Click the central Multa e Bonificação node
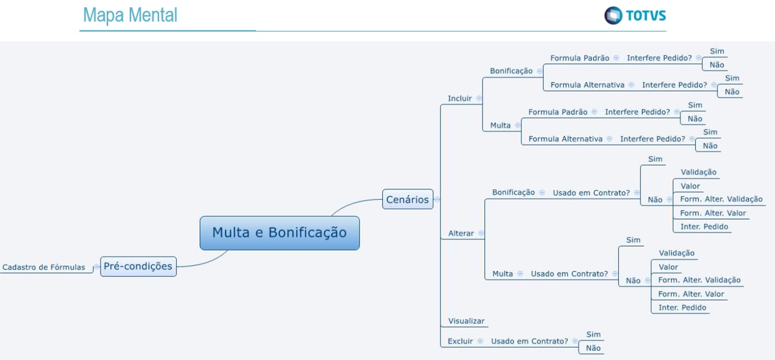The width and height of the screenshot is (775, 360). click(279, 233)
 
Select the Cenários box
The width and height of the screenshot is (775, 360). click(407, 199)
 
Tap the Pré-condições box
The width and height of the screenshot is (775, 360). click(138, 266)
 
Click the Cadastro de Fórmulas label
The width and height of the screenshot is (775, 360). click(44, 267)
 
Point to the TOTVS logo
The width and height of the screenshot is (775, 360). click(635, 16)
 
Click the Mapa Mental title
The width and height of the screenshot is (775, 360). click(130, 15)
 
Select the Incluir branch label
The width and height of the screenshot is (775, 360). click(459, 98)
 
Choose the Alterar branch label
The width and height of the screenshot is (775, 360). click(461, 233)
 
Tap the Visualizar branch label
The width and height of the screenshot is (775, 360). click(466, 321)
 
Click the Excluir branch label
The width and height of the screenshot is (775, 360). click(460, 341)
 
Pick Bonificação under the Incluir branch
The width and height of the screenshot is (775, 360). click(511, 71)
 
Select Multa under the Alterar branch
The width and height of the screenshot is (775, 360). click(502, 274)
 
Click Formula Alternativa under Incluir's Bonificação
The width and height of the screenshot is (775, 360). click(587, 85)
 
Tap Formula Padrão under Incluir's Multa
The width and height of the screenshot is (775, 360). click(558, 112)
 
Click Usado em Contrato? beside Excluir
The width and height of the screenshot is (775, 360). click(529, 341)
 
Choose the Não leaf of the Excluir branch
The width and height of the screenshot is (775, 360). click(593, 348)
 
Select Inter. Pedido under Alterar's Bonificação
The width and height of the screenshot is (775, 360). click(704, 226)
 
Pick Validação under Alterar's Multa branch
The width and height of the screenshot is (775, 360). click(676, 253)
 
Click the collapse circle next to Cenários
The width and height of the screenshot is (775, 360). click(437, 199)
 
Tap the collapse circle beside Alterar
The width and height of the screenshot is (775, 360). click(481, 233)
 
